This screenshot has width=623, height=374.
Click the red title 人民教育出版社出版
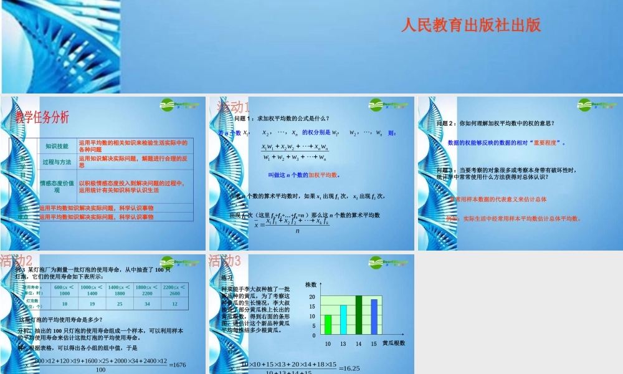471,25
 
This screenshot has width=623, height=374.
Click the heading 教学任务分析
42,117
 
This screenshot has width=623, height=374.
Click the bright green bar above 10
328,325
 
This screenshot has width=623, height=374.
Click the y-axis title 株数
311,285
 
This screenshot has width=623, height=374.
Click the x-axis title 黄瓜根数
394,343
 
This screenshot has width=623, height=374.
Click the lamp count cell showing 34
147,304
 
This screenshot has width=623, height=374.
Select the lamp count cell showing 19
92,304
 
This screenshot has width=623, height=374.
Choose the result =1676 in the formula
179,365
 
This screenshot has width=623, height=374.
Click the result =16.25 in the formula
351,368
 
